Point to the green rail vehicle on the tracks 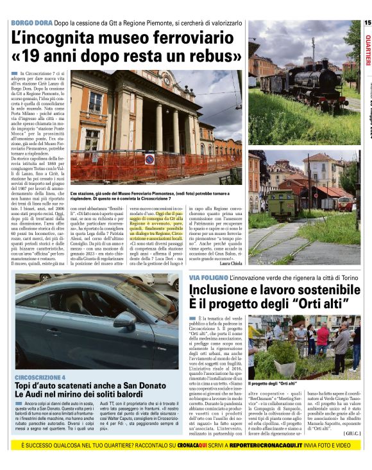point(282,203)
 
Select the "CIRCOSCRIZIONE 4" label point(40,377)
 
